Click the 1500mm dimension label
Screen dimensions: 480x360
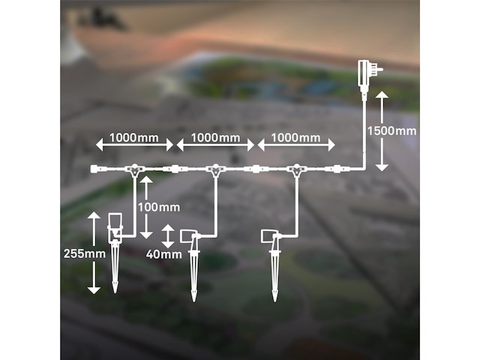pyautogui.click(x=391, y=131)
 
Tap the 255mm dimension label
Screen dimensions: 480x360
pyautogui.click(x=85, y=253)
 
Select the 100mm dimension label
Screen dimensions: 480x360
pyautogui.click(x=159, y=208)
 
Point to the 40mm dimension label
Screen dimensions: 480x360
pyautogui.click(x=163, y=254)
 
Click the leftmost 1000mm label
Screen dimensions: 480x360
pyautogui.click(x=134, y=138)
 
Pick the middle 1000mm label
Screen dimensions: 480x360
pyautogui.click(x=215, y=138)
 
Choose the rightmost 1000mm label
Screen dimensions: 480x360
pyautogui.click(x=295, y=138)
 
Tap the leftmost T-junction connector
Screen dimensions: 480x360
pyautogui.click(x=134, y=170)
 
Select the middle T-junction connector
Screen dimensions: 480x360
pyautogui.click(x=216, y=170)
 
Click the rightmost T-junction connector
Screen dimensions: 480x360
pyautogui.click(x=296, y=170)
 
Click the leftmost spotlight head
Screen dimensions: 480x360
pyautogui.click(x=115, y=228)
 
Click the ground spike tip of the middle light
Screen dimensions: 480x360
pyautogui.click(x=193, y=301)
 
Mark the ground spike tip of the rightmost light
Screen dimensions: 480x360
pyautogui.click(x=274, y=301)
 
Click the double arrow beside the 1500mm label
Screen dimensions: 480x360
pyautogui.click(x=382, y=130)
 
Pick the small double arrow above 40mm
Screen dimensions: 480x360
pyautogui.click(x=167, y=236)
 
